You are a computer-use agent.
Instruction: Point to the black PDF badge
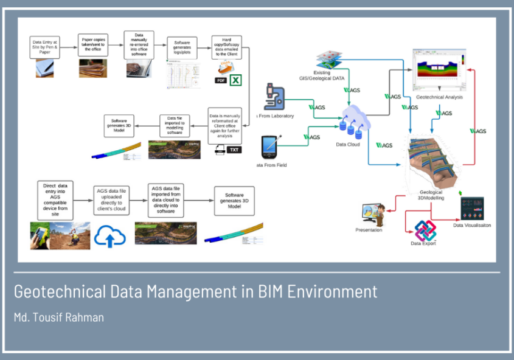pyautogui.click(x=221, y=81)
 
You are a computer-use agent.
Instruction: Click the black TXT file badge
pyautogui.click(x=234, y=150)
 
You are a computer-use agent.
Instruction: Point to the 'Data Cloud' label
pyautogui.click(x=348, y=145)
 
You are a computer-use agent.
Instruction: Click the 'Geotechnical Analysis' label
pyautogui.click(x=439, y=97)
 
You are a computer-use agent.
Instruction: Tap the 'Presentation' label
pyautogui.click(x=369, y=230)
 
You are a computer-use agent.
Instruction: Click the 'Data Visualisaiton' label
pyautogui.click(x=472, y=225)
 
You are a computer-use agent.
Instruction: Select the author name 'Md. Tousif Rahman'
pyautogui.click(x=58, y=317)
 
